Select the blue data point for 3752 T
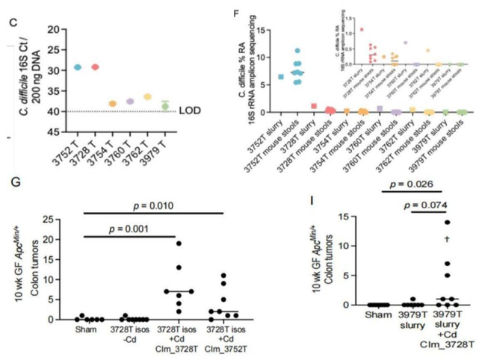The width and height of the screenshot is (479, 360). tap(78, 67)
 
